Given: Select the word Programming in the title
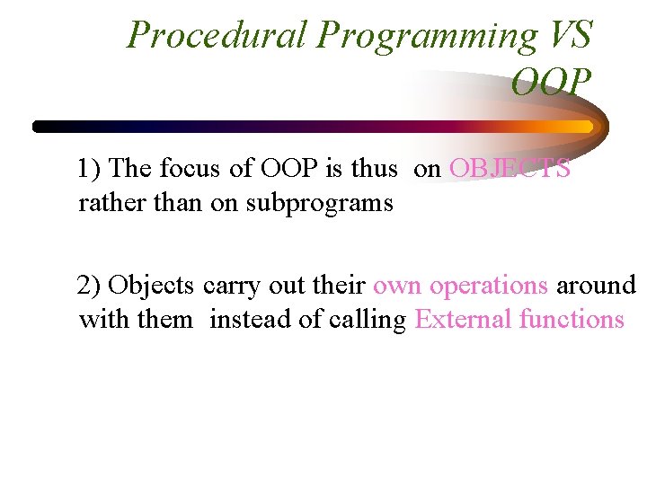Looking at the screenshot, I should (x=426, y=36).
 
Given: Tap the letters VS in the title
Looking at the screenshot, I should (x=570, y=36).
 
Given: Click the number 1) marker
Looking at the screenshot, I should (x=90, y=169).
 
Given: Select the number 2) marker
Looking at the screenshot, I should (x=90, y=286).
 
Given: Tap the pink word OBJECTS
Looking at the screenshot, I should (x=510, y=169).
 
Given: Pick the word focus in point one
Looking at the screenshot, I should (x=185, y=169).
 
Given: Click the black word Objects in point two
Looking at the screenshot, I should (x=155, y=286).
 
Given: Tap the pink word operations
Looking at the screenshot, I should (x=489, y=286).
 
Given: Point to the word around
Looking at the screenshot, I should (x=596, y=286).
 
